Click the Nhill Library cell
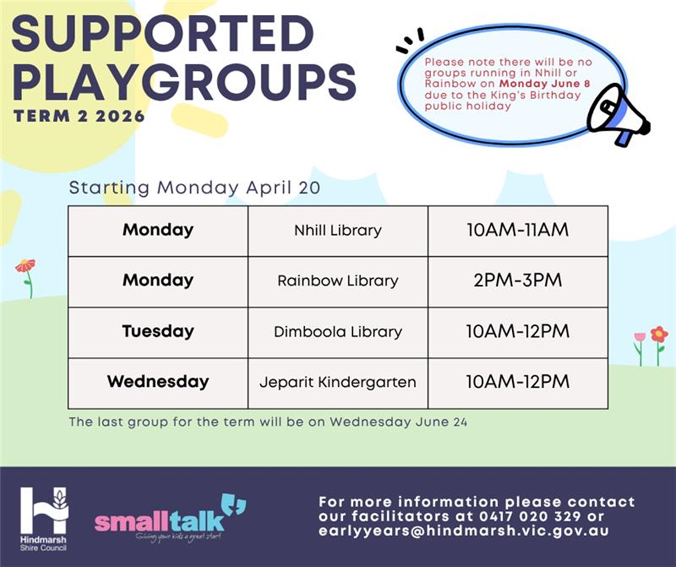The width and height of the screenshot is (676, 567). point(337,231)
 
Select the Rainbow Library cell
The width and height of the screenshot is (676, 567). point(337,281)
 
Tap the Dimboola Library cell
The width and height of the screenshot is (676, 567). point(337,332)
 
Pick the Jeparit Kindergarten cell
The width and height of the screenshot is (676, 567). point(337,383)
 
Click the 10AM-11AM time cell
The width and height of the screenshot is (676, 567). point(517,231)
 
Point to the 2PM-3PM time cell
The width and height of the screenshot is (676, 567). point(517,281)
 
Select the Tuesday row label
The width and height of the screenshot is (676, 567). point(158,332)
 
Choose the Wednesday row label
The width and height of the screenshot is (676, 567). point(158,382)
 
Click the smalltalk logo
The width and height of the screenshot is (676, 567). point(169,517)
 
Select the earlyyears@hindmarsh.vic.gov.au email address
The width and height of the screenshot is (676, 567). point(463,531)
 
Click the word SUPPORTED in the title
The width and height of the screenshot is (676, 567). point(162,34)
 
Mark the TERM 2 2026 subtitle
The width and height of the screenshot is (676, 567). point(79,116)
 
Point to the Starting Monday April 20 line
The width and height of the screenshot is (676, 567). point(194,188)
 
